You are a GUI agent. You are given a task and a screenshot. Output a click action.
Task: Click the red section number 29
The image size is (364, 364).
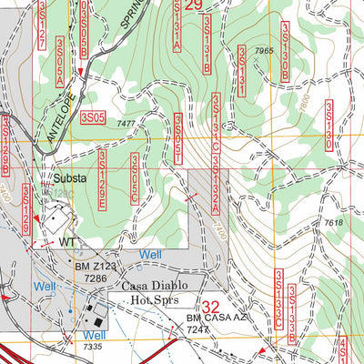[193, 5]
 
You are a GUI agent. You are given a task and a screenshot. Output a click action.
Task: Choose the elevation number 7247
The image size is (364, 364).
[212, 330]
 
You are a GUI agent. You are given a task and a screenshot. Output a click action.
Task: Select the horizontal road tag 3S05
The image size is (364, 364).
[93, 117]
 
